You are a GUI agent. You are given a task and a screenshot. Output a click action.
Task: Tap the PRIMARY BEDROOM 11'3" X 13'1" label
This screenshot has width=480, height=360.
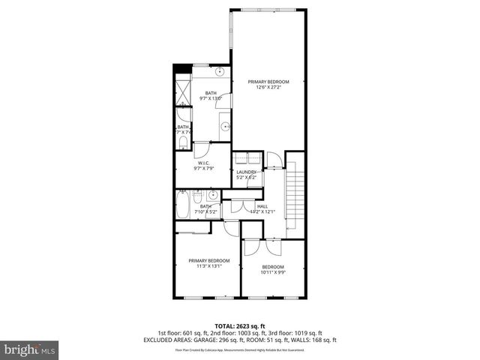tap(208, 262)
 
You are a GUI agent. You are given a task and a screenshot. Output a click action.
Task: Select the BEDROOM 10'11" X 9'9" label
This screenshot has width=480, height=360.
tap(273, 270)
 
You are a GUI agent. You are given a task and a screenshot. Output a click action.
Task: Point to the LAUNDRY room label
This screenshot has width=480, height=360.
tap(247, 175)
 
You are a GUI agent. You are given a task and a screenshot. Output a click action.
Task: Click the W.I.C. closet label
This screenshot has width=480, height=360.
tap(202, 166)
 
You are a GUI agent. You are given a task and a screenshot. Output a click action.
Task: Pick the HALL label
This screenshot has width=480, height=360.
tap(262, 208)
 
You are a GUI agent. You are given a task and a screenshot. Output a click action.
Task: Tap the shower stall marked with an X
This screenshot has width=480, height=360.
tap(183, 91)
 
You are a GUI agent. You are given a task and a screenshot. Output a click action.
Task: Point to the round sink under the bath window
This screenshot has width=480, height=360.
tap(220, 73)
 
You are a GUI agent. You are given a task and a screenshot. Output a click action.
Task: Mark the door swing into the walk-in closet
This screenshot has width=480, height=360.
tap(201, 147)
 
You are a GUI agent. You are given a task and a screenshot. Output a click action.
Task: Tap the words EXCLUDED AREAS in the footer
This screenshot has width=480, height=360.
tap(164, 340)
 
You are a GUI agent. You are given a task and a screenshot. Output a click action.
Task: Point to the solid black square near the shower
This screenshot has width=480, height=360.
tap(180, 70)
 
